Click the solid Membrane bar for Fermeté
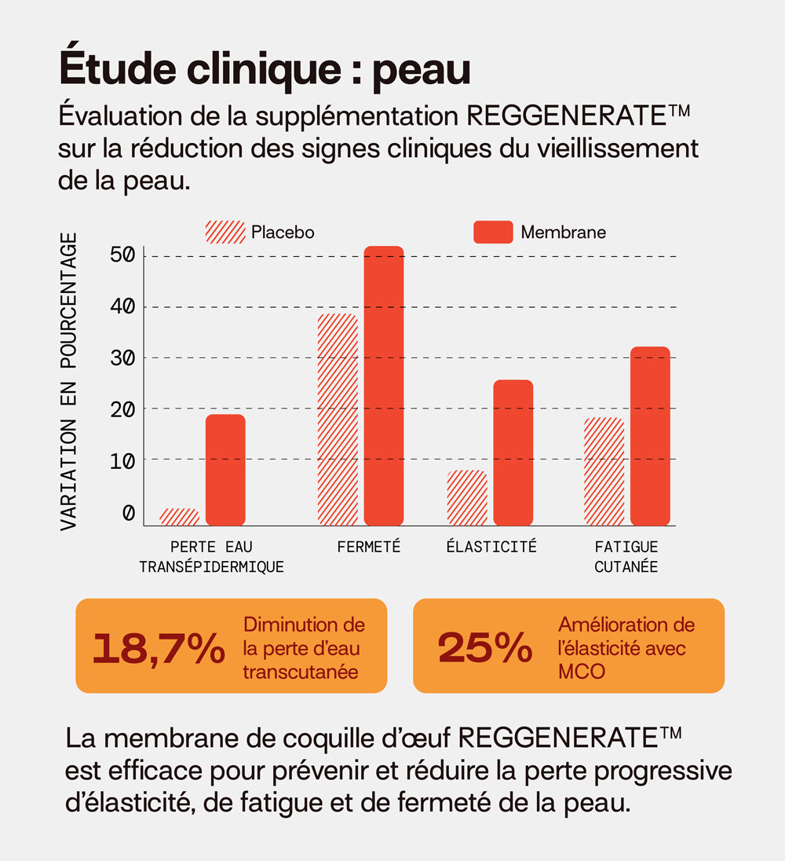384,386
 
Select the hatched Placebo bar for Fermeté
338,420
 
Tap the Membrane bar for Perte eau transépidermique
225,470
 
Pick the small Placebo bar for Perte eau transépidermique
179,516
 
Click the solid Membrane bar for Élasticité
513,452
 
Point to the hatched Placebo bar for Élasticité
467,497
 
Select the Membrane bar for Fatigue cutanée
650,436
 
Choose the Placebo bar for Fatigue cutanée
604,471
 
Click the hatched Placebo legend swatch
225,233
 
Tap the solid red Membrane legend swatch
493,233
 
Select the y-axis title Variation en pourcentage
69,382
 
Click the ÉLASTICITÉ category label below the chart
491,547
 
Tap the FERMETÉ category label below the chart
369,547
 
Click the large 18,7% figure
159,648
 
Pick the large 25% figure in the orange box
485,648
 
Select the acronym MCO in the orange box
582,672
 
